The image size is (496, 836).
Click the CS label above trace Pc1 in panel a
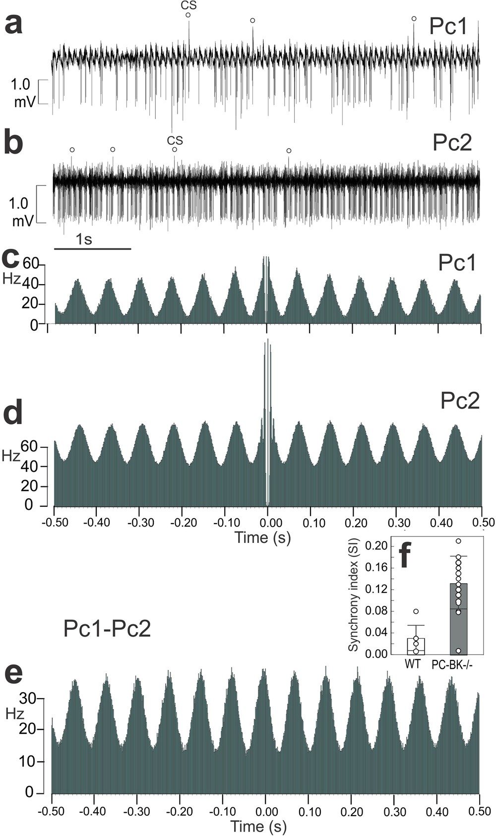pos(188,5)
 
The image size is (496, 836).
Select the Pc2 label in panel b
pos(452,143)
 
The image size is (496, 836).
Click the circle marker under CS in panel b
pos(174,149)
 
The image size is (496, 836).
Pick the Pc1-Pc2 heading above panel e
pos(107,629)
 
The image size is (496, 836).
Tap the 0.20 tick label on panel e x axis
pos(351,812)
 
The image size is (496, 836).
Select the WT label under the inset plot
pos(413,664)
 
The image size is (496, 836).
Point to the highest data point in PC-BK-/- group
pos(458,541)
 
